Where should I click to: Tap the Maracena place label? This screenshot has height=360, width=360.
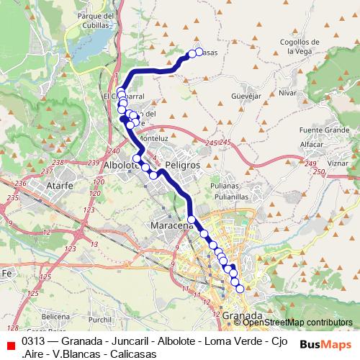171,226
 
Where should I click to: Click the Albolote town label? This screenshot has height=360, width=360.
121,165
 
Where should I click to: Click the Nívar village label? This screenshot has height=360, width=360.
287,93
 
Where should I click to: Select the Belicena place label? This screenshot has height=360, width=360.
55,315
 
